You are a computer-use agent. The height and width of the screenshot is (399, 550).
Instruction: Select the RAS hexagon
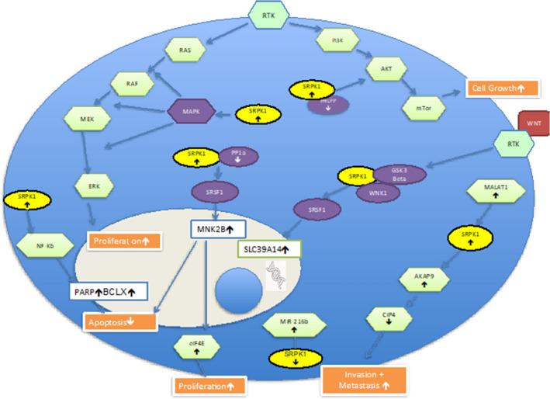pos(185,50)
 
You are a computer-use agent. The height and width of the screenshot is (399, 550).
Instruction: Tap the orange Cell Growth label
pos(496,88)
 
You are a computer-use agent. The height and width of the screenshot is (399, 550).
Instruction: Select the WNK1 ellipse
pos(377,192)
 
